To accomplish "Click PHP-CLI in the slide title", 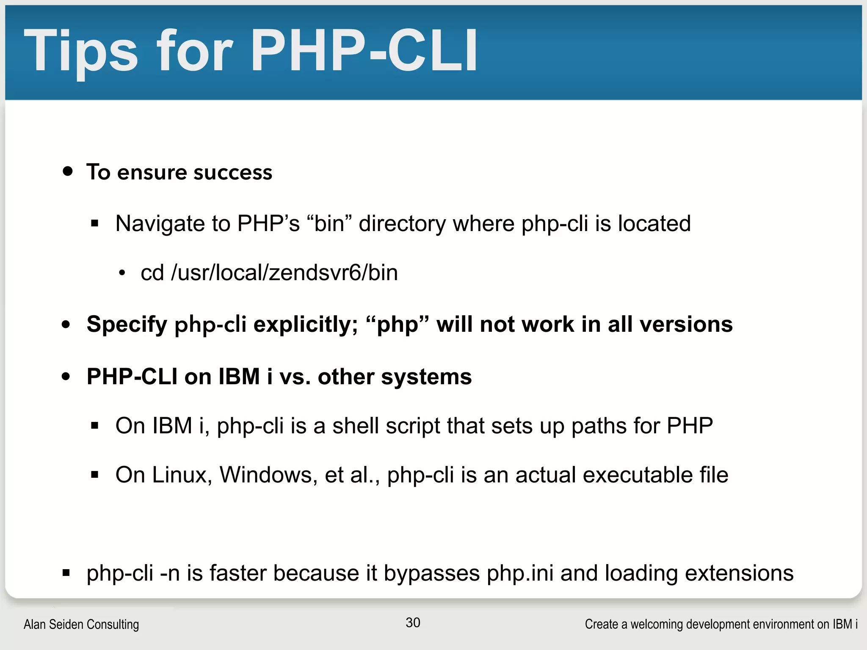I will [364, 51].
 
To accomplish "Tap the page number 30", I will [413, 622].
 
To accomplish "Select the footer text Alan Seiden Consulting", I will [81, 624].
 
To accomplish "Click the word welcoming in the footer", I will [656, 624].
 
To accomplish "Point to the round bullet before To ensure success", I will [67, 171].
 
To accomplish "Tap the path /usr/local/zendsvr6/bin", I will [284, 273].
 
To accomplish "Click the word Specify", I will [127, 325].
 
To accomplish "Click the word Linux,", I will [182, 475].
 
